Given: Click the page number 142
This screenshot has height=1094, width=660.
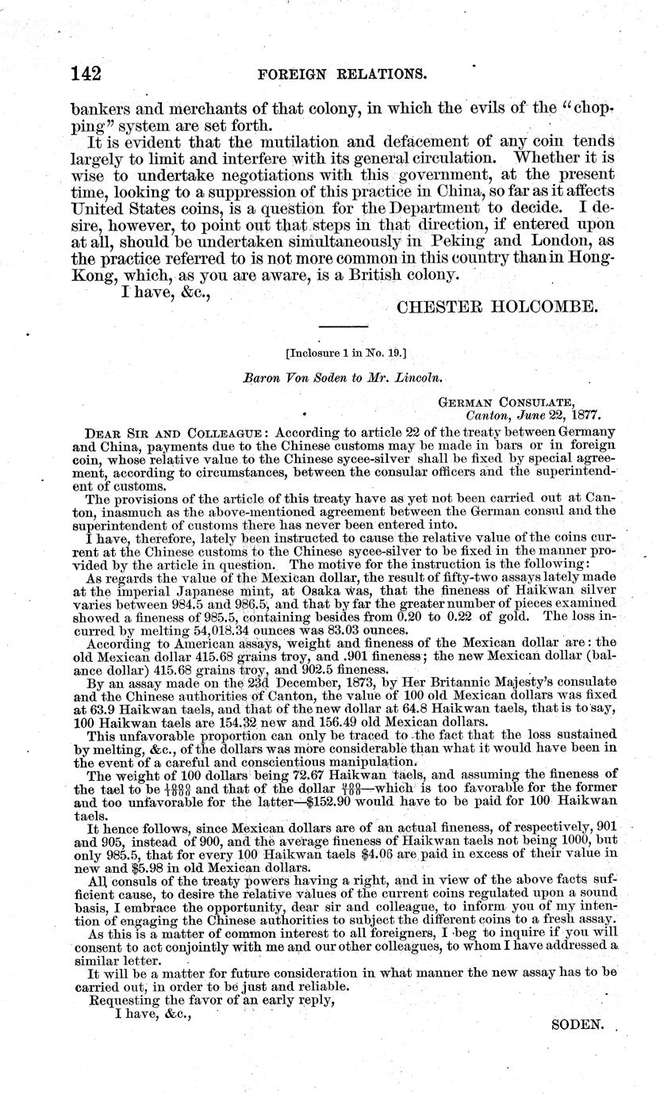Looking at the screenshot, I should [x=86, y=74].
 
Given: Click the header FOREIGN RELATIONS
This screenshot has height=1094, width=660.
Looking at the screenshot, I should [x=343, y=75].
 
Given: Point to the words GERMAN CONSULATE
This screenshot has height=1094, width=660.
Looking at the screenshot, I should [x=507, y=403].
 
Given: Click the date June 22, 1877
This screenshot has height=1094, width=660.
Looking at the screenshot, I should [x=570, y=415].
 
